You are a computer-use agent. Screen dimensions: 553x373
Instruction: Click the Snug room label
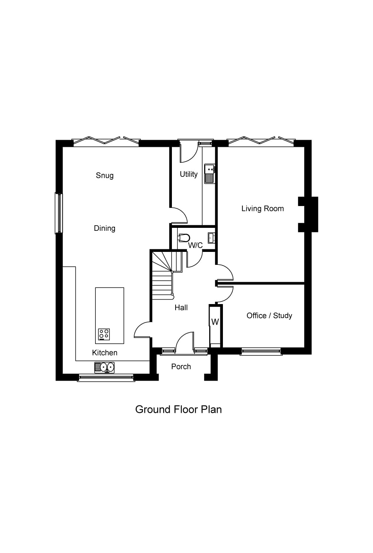pos(105,175)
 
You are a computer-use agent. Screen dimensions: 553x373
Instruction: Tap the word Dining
pos(105,228)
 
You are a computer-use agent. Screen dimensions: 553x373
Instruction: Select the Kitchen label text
pos(105,353)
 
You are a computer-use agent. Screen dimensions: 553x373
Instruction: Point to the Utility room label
pos(189,174)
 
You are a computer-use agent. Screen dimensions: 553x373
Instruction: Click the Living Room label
pos(262,209)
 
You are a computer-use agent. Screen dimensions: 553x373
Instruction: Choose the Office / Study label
pos(269,316)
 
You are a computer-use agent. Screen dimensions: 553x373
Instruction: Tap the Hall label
pos(181,307)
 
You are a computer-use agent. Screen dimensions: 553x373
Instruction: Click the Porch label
pos(181,367)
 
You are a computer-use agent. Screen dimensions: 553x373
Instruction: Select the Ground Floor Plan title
pos(178,409)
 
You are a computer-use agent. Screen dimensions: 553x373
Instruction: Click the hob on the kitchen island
pos(104,334)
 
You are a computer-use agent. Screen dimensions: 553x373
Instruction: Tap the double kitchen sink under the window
pos(104,367)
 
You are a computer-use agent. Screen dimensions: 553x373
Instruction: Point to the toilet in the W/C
pos(184,237)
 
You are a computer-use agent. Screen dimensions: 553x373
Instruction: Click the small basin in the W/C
pos(211,237)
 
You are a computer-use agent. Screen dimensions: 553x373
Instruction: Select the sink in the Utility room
pos(210,173)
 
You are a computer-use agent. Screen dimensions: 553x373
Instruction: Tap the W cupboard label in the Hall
pos(215,322)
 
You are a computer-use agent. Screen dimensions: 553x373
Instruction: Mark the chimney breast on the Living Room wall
pos(309,215)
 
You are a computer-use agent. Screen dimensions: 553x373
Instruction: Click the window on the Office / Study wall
pos(261,351)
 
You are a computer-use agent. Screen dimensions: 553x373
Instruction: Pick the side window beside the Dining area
pos(58,213)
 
